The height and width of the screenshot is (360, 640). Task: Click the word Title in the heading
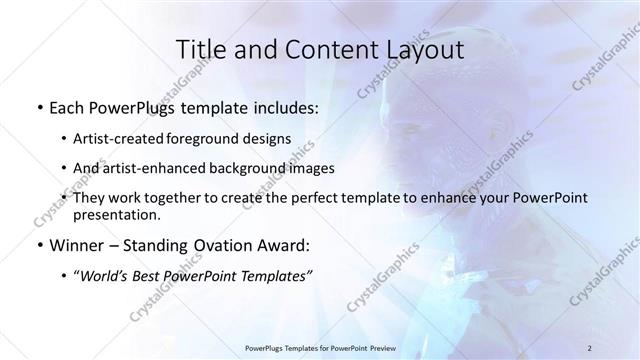coord(199,50)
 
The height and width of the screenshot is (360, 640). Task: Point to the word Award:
coord(284,245)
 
